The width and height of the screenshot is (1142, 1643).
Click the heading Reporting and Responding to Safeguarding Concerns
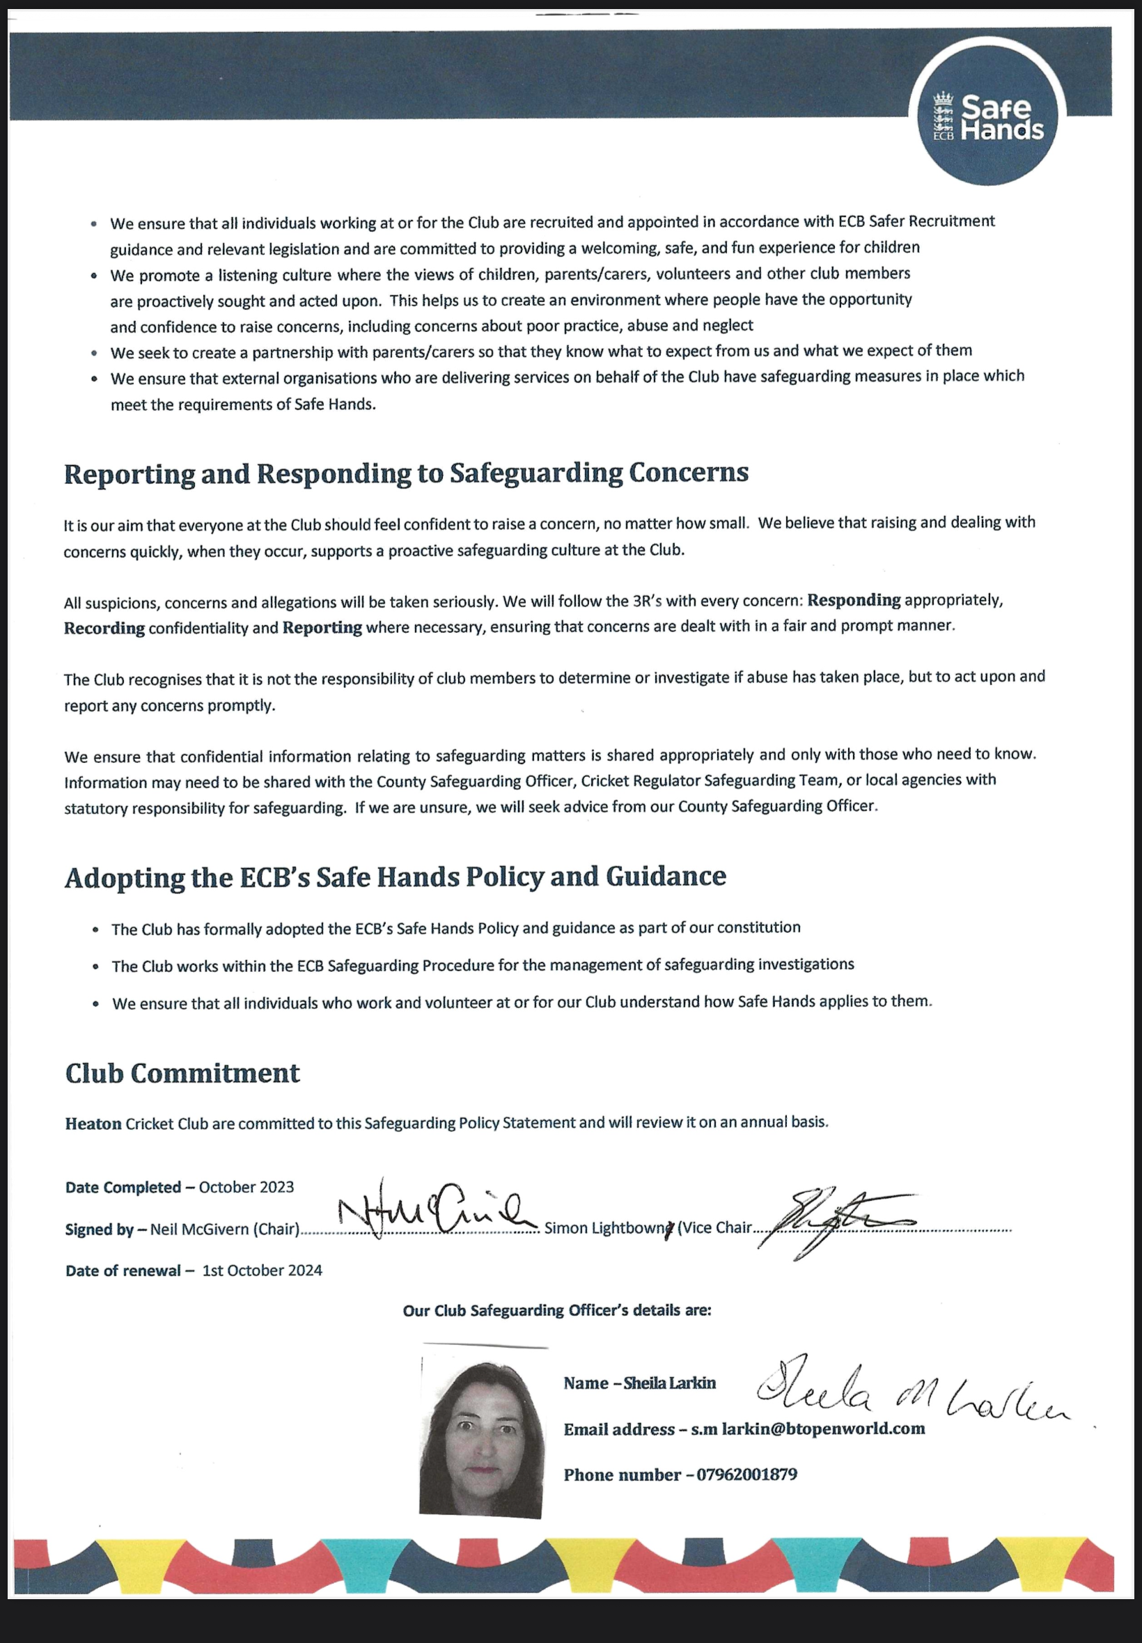pos(406,473)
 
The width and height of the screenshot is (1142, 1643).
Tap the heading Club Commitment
pos(182,1073)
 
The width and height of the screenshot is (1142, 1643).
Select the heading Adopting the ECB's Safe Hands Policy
pos(395,877)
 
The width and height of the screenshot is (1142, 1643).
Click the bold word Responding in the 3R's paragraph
pos(854,600)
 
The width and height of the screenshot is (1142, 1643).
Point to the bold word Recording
pos(104,628)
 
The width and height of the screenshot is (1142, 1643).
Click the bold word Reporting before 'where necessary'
pos(322,627)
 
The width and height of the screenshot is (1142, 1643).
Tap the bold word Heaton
pos(93,1124)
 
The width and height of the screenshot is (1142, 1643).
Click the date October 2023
pos(246,1188)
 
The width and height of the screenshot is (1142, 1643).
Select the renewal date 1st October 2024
pos(262,1271)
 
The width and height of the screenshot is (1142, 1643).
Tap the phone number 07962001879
pos(746,1475)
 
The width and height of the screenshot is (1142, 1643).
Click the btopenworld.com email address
pos(808,1429)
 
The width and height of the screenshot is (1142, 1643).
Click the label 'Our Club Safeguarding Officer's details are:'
pos(556,1310)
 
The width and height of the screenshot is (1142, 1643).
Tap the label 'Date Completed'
pos(123,1188)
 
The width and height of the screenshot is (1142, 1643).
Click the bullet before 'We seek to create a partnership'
pos(95,354)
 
